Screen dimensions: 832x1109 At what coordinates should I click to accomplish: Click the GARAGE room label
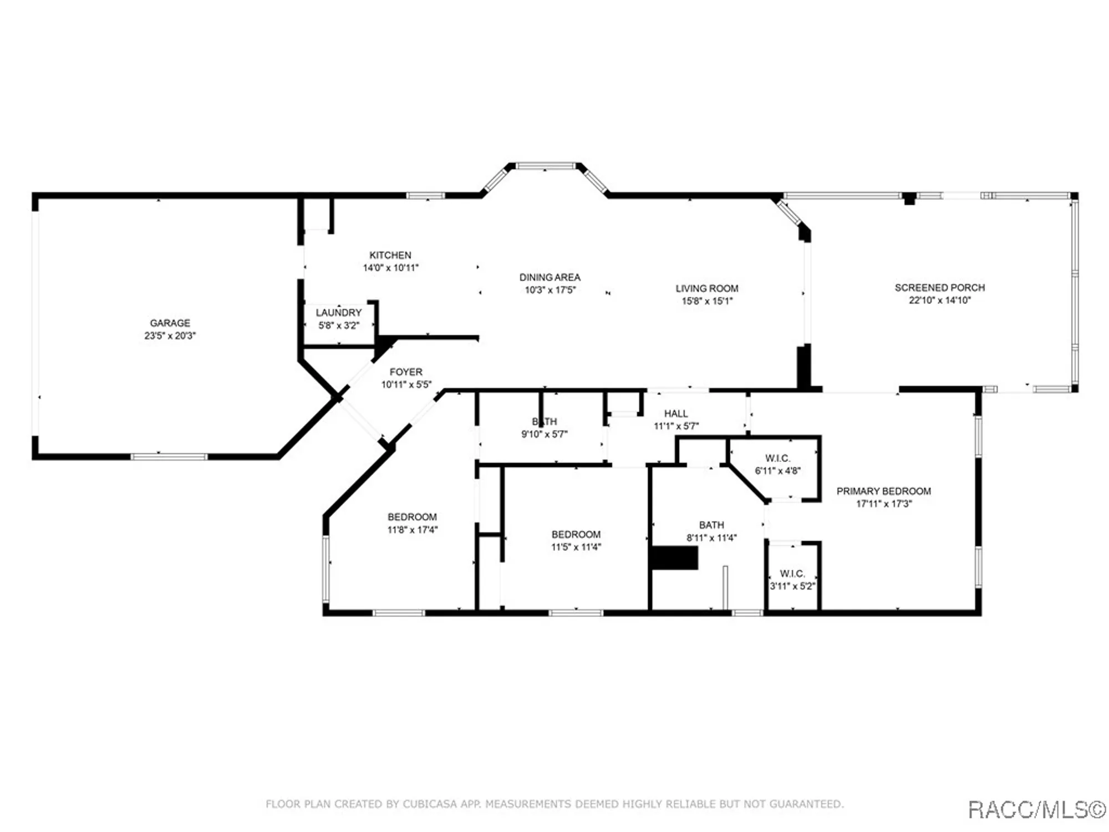[x=170, y=323]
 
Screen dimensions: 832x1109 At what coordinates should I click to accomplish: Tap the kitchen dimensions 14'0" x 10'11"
[x=390, y=268]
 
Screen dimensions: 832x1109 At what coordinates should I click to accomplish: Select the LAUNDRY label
[x=338, y=313]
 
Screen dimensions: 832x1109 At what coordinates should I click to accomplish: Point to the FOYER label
[x=406, y=372]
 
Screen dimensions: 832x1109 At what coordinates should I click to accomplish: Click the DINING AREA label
[x=550, y=277]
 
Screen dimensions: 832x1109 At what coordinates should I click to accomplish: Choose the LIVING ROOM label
[x=706, y=288]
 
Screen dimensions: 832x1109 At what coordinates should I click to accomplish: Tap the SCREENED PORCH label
[x=939, y=288]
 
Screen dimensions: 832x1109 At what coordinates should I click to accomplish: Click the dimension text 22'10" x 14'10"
[x=939, y=301]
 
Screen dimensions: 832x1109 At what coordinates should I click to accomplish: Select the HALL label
[x=675, y=414]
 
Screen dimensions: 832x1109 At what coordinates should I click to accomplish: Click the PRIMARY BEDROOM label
[x=883, y=491]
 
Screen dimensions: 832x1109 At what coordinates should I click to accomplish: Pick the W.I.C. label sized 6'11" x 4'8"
[x=777, y=458]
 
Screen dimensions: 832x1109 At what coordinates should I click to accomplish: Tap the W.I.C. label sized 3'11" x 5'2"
[x=792, y=574]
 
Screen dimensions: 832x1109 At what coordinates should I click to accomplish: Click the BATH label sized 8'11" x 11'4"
[x=711, y=525]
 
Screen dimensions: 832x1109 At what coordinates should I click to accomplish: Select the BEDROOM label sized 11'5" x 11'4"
[x=576, y=534]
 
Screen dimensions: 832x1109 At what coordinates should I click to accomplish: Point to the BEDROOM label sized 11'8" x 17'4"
[x=412, y=517]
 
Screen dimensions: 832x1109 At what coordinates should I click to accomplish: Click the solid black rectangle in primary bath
[x=674, y=558]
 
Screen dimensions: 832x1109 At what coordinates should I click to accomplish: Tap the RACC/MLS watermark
[x=1036, y=810]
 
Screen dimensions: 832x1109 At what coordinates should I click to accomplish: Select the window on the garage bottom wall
[x=169, y=457]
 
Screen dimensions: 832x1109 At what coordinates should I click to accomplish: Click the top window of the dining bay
[x=546, y=166]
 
